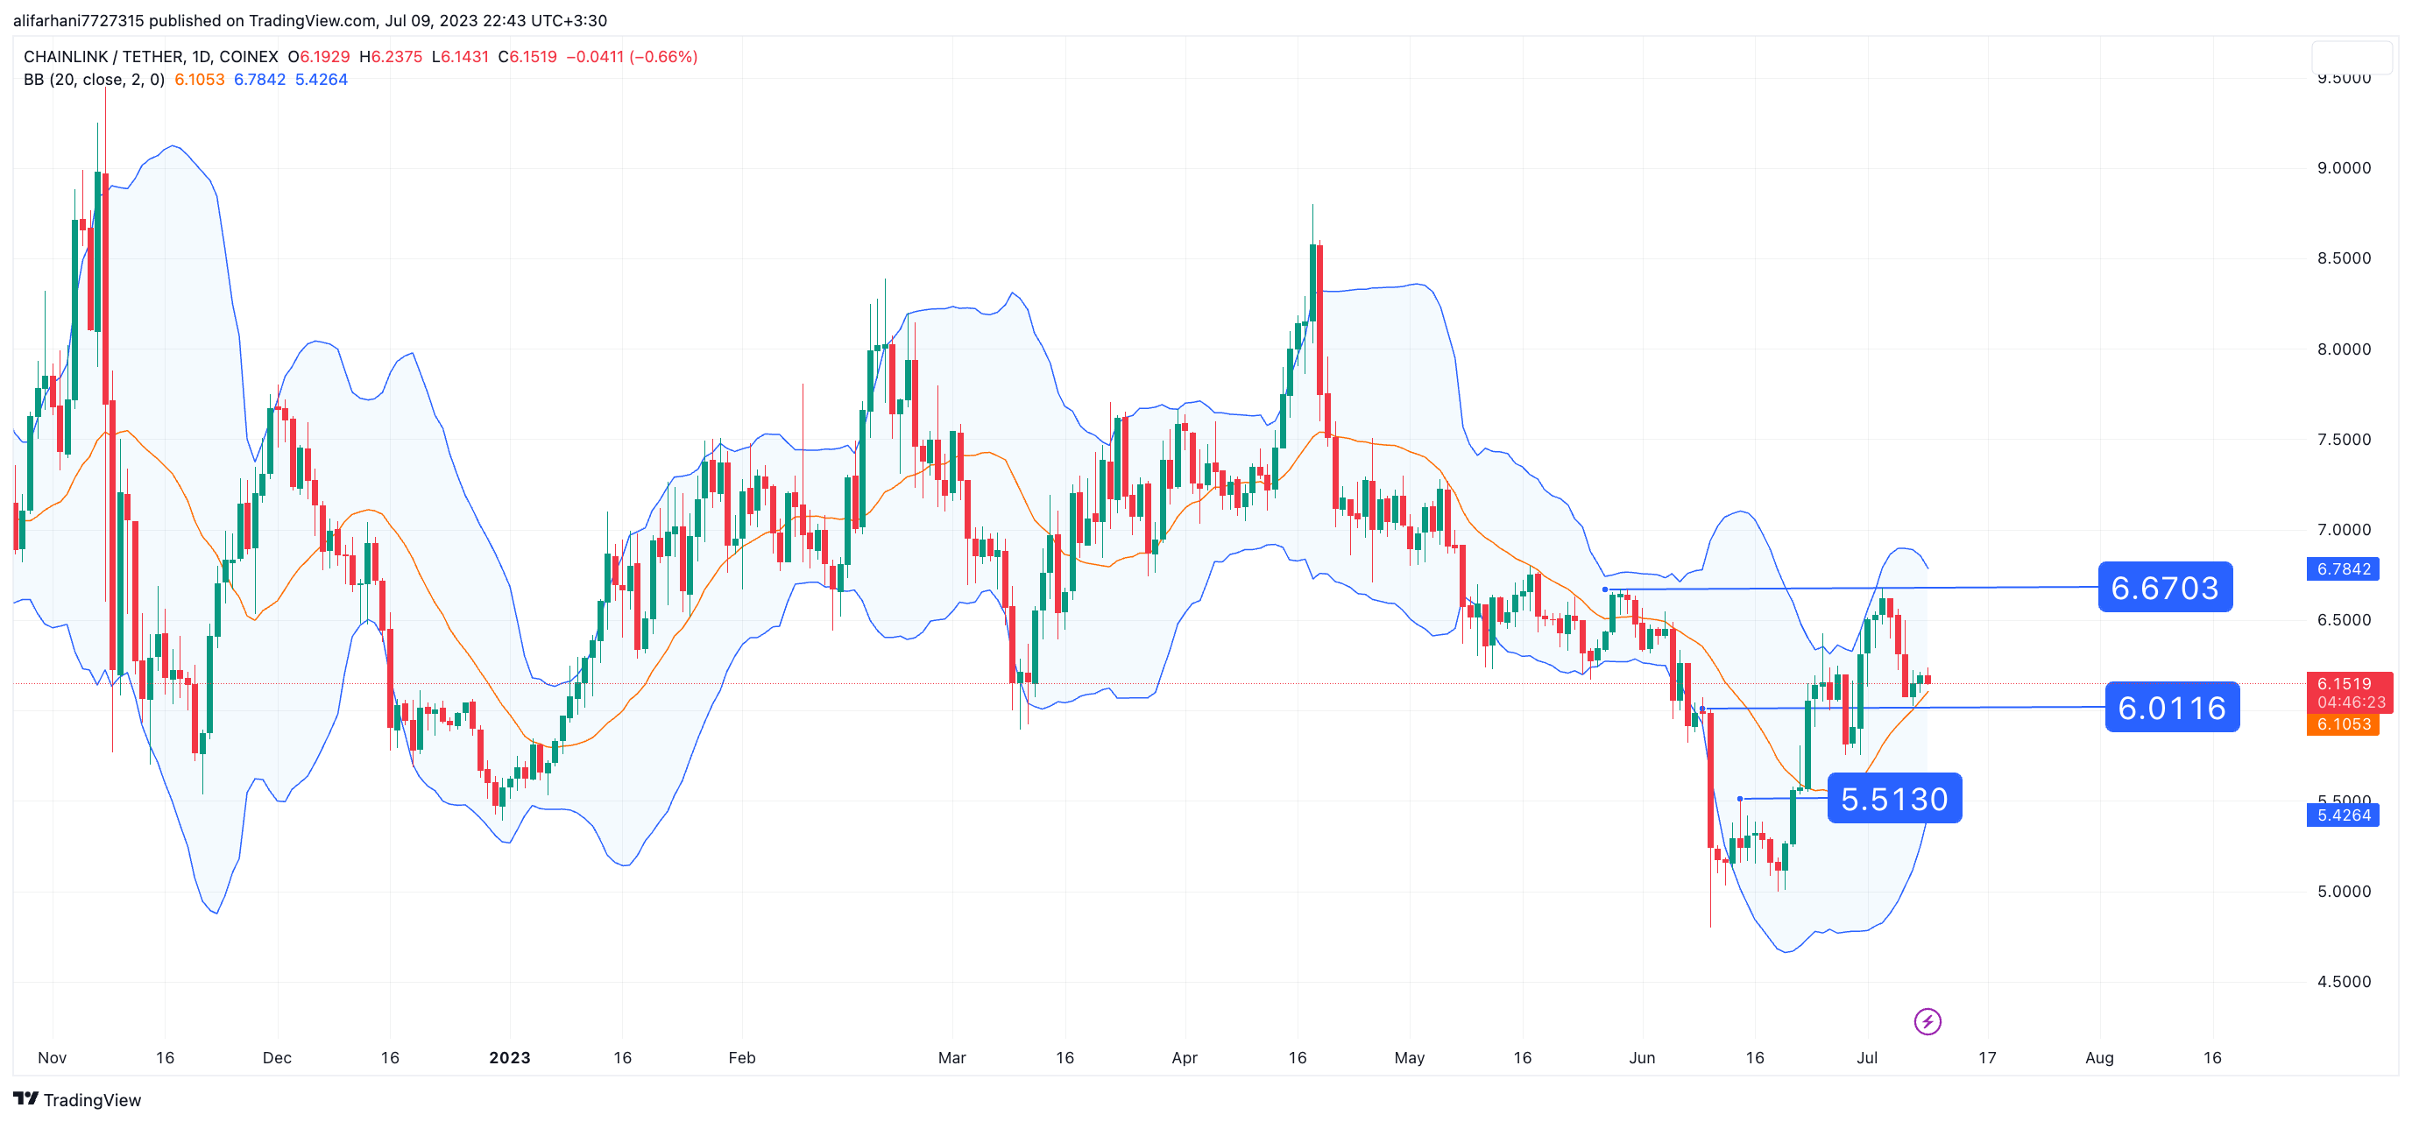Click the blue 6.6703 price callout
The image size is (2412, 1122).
click(x=2164, y=588)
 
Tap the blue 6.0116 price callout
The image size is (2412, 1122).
click(x=2171, y=708)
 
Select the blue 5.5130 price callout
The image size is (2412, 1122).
click(x=1893, y=799)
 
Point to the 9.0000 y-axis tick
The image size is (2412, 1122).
click(x=2344, y=168)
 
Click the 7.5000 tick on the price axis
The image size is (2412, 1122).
click(x=2344, y=440)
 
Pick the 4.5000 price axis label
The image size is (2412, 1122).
click(x=2344, y=982)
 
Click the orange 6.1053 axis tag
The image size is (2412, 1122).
click(x=2344, y=724)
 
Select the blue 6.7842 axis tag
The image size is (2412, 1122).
click(x=2344, y=569)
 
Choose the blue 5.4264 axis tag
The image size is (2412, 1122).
click(x=2344, y=815)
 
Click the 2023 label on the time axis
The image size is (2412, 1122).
click(x=509, y=1057)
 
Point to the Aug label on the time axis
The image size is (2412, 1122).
click(x=2099, y=1057)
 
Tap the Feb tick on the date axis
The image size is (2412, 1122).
click(x=741, y=1057)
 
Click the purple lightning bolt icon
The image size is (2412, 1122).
click(x=1927, y=1021)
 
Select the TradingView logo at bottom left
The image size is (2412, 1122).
click(x=77, y=1099)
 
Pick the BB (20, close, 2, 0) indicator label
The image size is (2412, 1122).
click(x=94, y=80)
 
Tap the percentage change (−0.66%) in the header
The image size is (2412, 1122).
click(x=664, y=57)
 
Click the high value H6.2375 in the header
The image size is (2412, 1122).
click(x=391, y=57)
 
